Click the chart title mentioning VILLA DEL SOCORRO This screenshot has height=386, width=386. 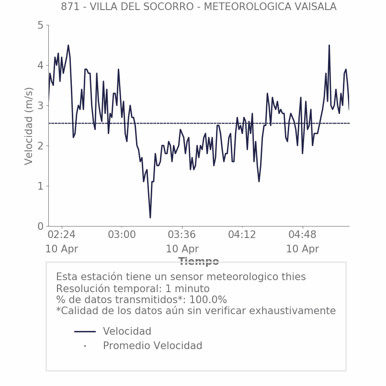click(198, 7)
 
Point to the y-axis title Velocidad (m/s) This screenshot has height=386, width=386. click(29, 126)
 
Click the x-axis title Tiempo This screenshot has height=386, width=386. click(198, 261)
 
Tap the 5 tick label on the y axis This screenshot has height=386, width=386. click(40, 25)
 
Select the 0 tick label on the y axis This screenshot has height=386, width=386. click(40, 226)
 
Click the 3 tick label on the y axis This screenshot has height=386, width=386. click(40, 105)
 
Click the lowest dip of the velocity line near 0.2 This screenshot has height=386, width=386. click(150, 217)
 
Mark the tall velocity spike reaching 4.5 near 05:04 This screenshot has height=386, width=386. click(329, 45)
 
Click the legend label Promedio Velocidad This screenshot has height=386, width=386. click(152, 346)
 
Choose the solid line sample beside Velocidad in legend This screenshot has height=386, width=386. click(85, 331)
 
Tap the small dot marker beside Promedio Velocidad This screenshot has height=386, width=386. click(85, 346)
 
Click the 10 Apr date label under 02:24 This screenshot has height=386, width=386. click(62, 249)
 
